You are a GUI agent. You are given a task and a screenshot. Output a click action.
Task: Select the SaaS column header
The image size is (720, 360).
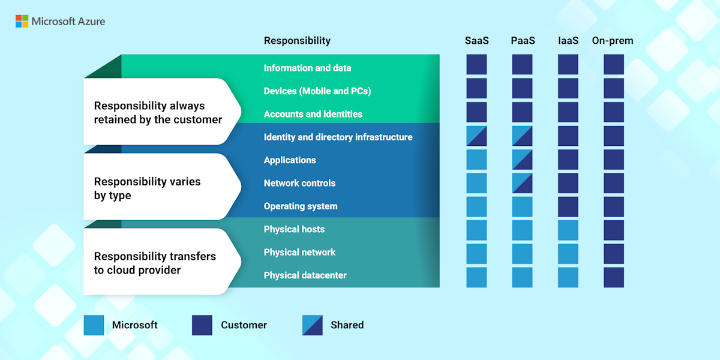(x=476, y=41)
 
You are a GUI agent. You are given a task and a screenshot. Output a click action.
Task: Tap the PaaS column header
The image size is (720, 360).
(x=523, y=41)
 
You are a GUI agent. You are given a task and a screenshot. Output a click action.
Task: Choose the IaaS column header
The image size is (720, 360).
(x=568, y=41)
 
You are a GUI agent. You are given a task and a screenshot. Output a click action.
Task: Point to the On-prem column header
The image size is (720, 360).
(x=613, y=41)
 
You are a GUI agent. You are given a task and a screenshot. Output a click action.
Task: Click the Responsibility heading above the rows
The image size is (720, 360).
(x=297, y=41)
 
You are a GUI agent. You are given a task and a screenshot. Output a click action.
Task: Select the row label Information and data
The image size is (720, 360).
(x=307, y=68)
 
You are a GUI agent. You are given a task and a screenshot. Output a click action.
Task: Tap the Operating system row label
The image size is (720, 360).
(x=301, y=206)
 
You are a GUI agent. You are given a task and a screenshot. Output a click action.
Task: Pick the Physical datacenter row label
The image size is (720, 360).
(x=305, y=275)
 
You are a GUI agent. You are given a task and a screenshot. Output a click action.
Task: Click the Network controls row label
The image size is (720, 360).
(x=299, y=183)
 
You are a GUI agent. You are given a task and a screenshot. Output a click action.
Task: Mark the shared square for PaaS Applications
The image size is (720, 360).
(x=522, y=160)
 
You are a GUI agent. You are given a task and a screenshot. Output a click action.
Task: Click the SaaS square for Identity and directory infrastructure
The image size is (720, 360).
(x=476, y=136)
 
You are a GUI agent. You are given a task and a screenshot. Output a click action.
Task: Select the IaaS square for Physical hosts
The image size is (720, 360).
(x=568, y=230)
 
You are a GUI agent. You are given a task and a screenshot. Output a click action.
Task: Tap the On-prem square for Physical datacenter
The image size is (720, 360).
(x=613, y=277)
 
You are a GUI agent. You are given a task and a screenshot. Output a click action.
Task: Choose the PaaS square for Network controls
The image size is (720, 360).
(x=522, y=183)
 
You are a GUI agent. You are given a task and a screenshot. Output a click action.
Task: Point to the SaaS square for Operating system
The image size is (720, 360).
(x=476, y=206)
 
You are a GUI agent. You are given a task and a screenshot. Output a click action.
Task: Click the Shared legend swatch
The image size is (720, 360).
(x=313, y=325)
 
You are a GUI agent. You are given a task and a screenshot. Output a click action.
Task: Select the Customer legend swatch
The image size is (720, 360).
(x=202, y=325)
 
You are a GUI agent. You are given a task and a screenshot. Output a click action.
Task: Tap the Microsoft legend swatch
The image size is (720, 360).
(x=94, y=325)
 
